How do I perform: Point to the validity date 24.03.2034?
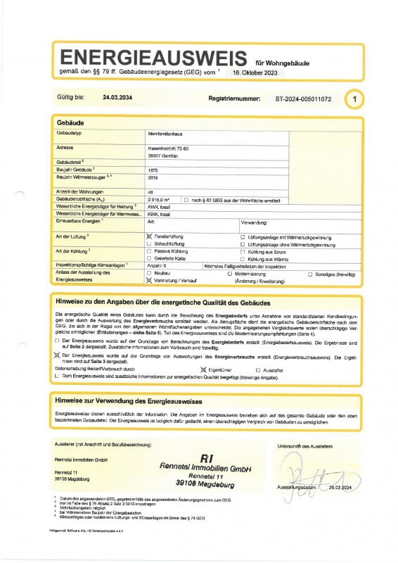(x=117, y=99)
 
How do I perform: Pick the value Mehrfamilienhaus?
(x=166, y=133)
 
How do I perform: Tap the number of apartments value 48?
(x=151, y=191)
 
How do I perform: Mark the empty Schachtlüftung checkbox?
(x=149, y=244)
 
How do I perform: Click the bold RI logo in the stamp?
(x=206, y=458)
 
